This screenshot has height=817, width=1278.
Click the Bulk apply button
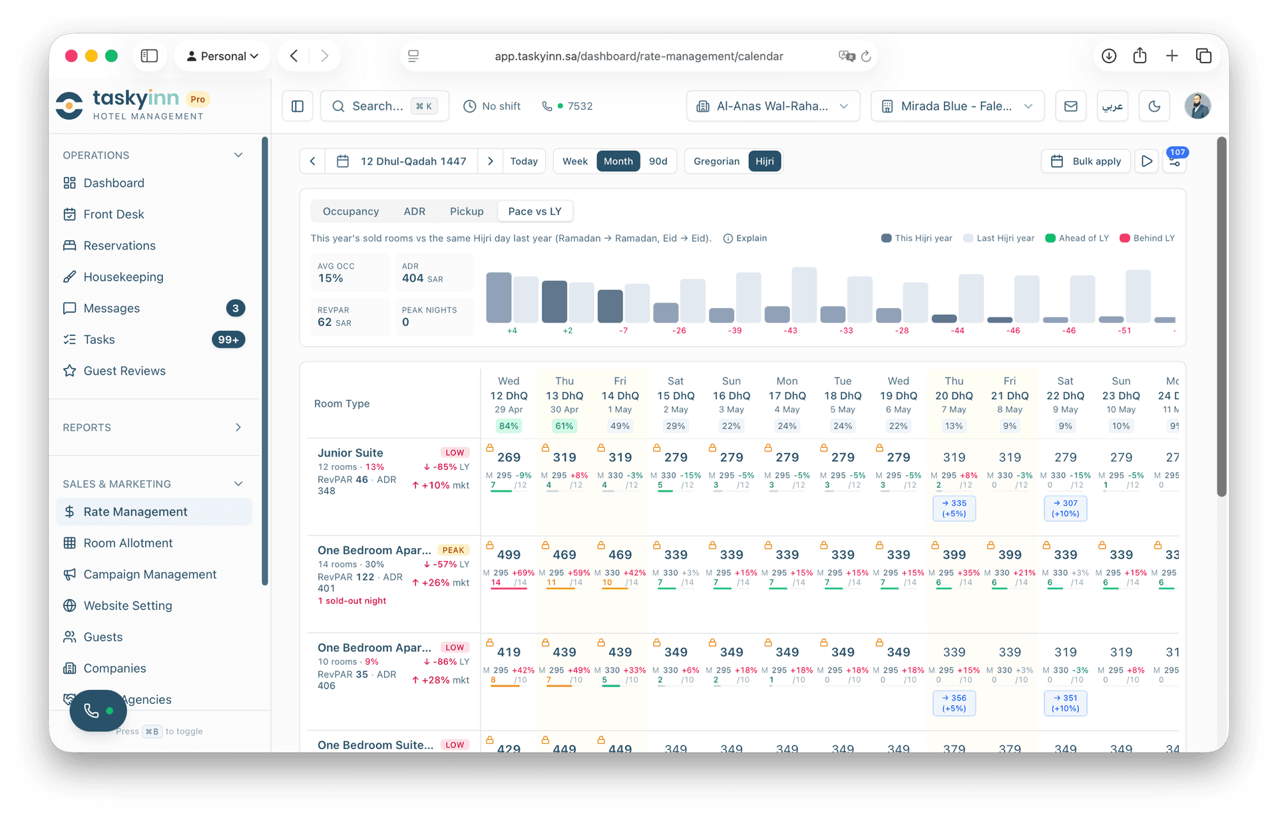coord(1086,161)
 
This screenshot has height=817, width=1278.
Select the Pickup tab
coord(466,211)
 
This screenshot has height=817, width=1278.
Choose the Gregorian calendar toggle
coord(716,161)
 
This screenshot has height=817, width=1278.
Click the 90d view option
coord(658,161)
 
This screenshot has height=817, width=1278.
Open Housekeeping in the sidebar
coord(123,277)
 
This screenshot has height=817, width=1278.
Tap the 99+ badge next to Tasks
coord(228,339)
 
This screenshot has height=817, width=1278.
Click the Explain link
coord(745,238)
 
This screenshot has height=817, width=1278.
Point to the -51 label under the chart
coord(1124,331)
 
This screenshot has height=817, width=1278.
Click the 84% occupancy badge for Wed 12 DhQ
coord(509,426)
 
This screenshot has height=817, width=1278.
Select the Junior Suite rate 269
coord(509,457)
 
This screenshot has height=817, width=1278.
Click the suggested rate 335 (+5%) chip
coord(954,508)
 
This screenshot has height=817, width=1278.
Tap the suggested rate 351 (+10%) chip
coord(1065,703)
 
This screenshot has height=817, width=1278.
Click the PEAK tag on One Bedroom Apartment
coord(453,550)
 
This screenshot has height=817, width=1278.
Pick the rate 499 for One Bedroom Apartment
coord(509,555)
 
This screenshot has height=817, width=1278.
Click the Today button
coord(524,161)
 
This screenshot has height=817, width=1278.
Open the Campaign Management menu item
coord(150,574)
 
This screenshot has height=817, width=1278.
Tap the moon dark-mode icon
coord(1154,106)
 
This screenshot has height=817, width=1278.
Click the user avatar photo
coord(1197,106)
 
